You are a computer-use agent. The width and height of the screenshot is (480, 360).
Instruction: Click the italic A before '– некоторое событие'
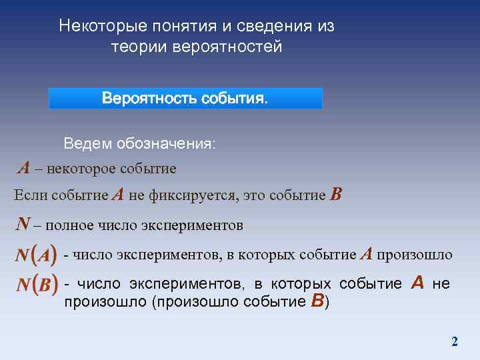(x=23, y=168)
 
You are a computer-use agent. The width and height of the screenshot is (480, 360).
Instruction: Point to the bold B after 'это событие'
(x=336, y=195)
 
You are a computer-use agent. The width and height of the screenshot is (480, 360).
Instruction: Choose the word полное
(x=68, y=225)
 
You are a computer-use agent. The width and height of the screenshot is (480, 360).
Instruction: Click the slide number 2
(x=455, y=342)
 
